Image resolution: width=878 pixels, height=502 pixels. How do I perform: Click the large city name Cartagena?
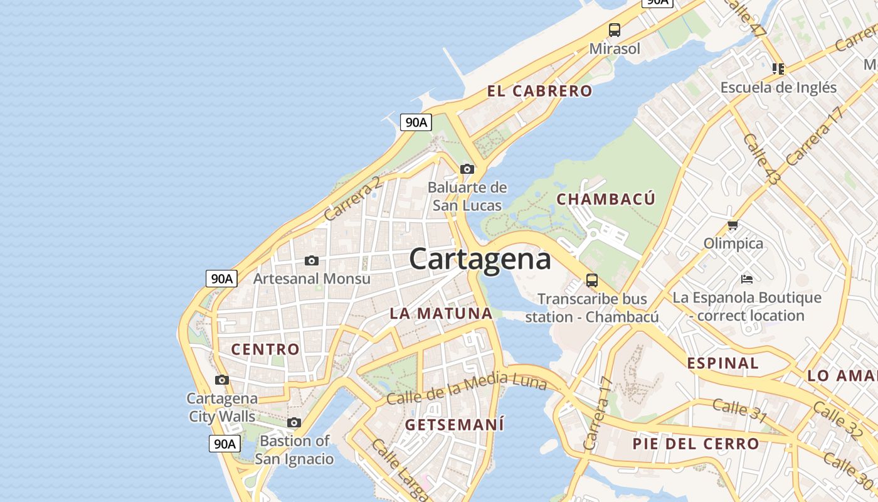(x=480, y=259)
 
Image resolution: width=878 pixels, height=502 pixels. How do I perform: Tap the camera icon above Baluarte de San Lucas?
(x=467, y=169)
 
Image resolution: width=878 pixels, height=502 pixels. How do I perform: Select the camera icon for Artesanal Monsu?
(x=312, y=260)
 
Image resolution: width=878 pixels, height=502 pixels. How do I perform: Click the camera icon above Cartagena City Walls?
(x=222, y=380)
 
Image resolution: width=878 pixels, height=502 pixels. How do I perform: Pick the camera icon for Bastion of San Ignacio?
(x=294, y=423)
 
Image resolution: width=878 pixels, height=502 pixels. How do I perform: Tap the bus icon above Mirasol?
(x=615, y=29)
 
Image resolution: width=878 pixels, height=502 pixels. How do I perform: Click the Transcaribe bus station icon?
(x=592, y=280)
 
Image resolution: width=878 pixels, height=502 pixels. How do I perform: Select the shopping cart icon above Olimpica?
(x=733, y=225)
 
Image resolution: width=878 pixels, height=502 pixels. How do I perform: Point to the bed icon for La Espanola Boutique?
(x=747, y=279)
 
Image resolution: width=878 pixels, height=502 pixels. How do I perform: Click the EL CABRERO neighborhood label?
(x=539, y=91)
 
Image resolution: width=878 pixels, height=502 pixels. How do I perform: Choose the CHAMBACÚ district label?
(x=606, y=200)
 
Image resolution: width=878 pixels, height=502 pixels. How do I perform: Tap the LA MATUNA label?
(x=441, y=313)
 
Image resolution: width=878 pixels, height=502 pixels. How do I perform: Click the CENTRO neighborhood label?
(x=265, y=350)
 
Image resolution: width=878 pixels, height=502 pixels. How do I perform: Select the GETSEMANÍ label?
(x=455, y=425)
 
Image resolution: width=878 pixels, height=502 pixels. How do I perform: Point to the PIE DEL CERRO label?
(x=696, y=444)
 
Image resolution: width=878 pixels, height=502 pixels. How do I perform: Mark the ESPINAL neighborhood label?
(x=722, y=363)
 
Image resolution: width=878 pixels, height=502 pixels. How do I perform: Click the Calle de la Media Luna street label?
(x=467, y=389)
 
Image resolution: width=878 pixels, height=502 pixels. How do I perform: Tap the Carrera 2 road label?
(x=352, y=198)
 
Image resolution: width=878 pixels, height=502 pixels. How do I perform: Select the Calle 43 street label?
(x=761, y=159)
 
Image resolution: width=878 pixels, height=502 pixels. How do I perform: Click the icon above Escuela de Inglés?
(x=778, y=68)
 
